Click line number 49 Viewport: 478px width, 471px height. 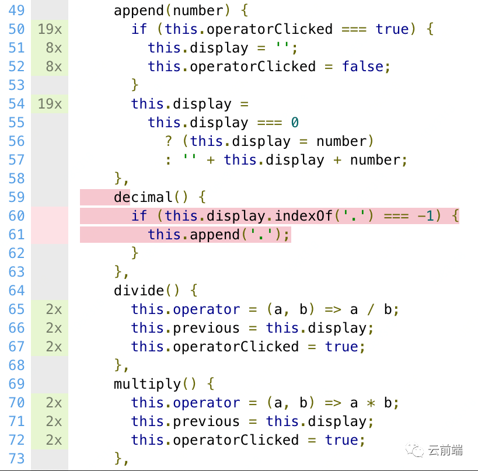pyautogui.click(x=16, y=11)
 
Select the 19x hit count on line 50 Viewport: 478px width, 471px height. pyautogui.click(x=50, y=29)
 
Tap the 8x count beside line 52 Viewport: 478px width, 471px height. pyautogui.click(x=54, y=67)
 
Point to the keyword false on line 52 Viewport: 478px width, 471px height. pyautogui.click(x=363, y=67)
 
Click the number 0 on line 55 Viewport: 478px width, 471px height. pyautogui.click(x=295, y=123)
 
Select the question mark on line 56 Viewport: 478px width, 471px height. pyautogui.click(x=169, y=141)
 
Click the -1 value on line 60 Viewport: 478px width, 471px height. pyautogui.click(x=426, y=216)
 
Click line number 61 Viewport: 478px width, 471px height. pyautogui.click(x=16, y=235)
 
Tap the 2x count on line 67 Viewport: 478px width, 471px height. pyautogui.click(x=54, y=347)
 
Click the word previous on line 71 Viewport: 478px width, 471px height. pyautogui.click(x=207, y=421)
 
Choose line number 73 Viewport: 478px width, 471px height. pyautogui.click(x=16, y=459)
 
